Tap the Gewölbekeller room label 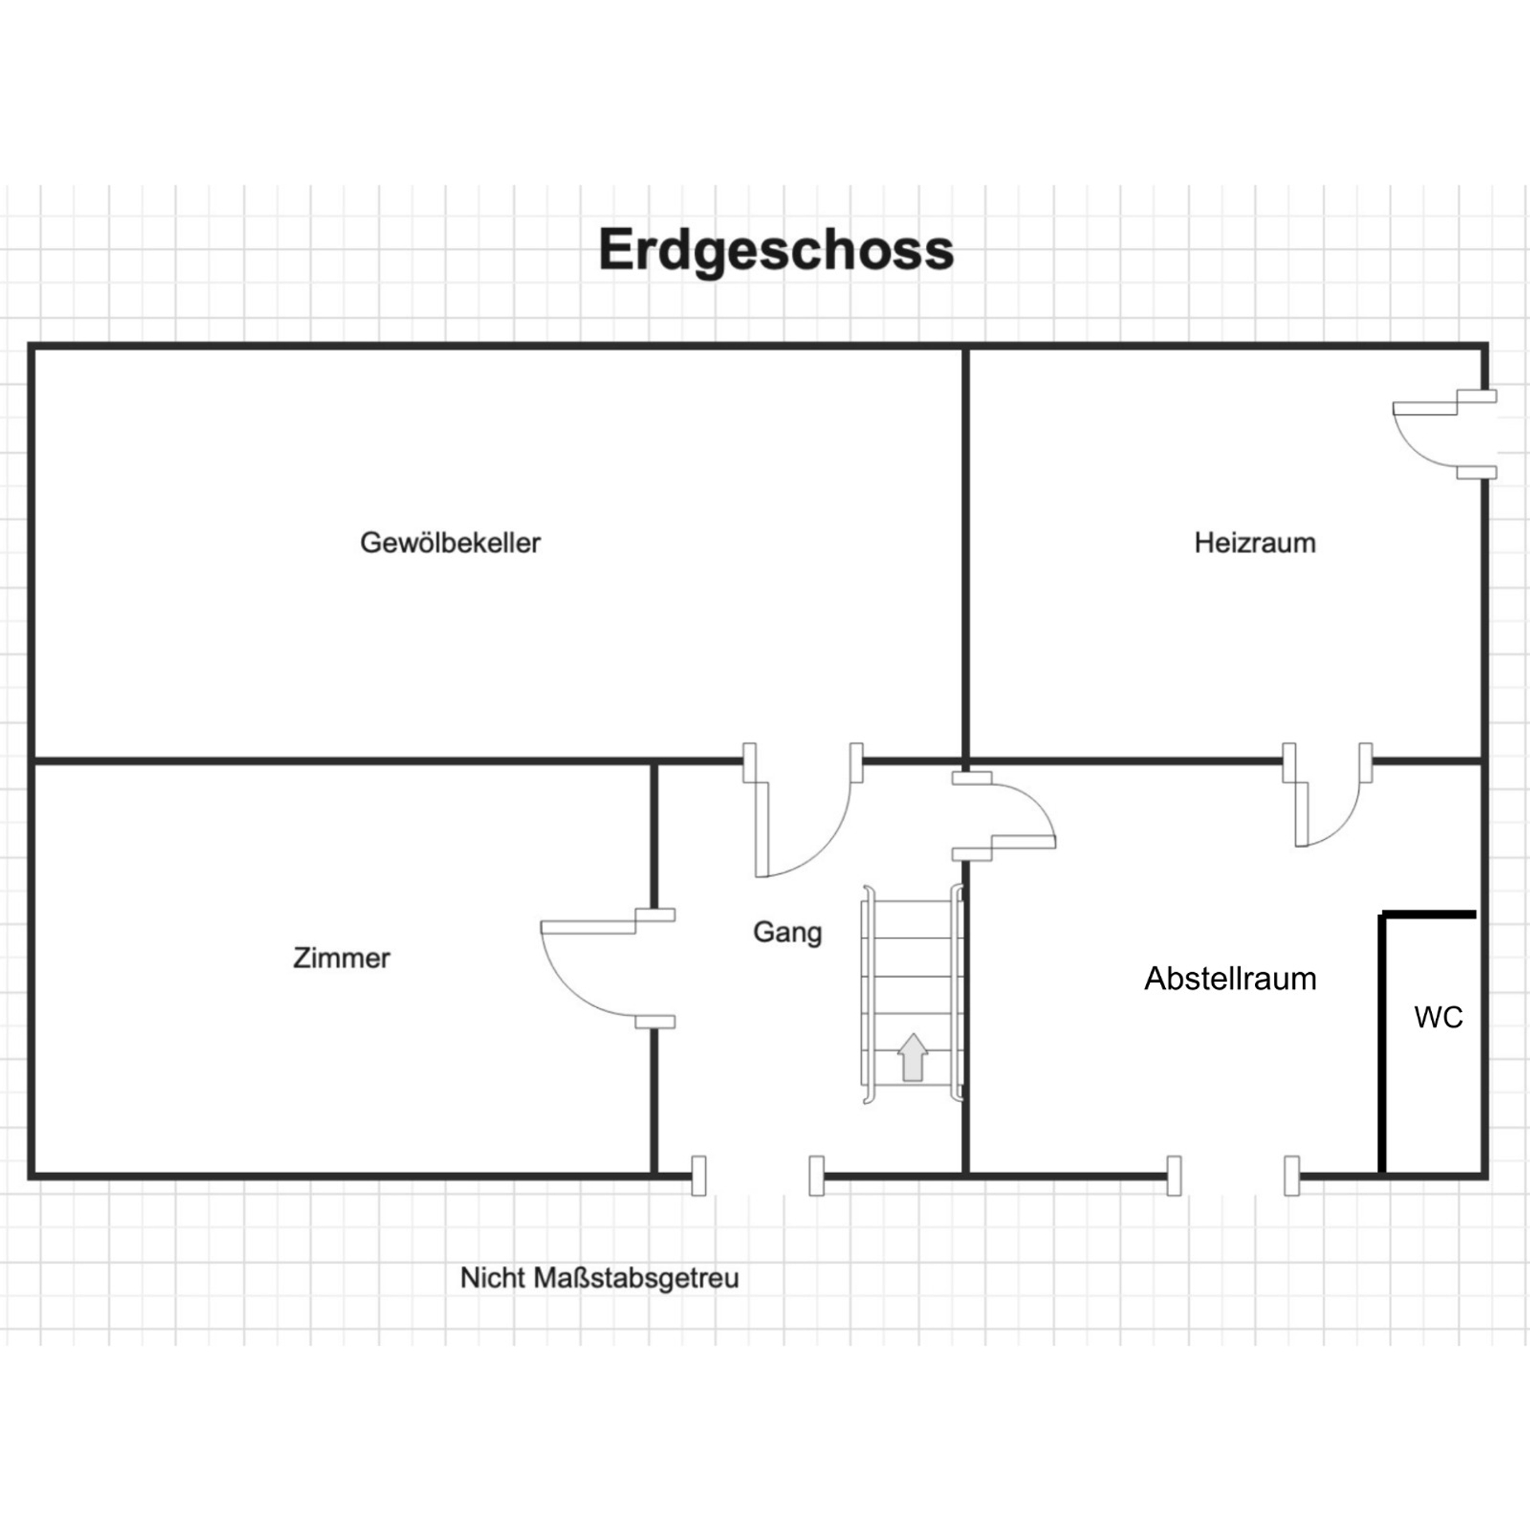[450, 543]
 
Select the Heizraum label [1254, 543]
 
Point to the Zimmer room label [342, 957]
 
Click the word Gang [787, 932]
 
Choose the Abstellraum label [1230, 978]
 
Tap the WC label [1438, 1017]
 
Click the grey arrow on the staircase [912, 1057]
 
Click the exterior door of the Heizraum [1444, 434]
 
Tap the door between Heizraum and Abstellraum [1327, 794]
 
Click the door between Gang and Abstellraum [1004, 816]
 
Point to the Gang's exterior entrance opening [758, 1175]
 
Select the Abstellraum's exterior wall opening [1233, 1175]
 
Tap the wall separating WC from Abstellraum [1383, 1044]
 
